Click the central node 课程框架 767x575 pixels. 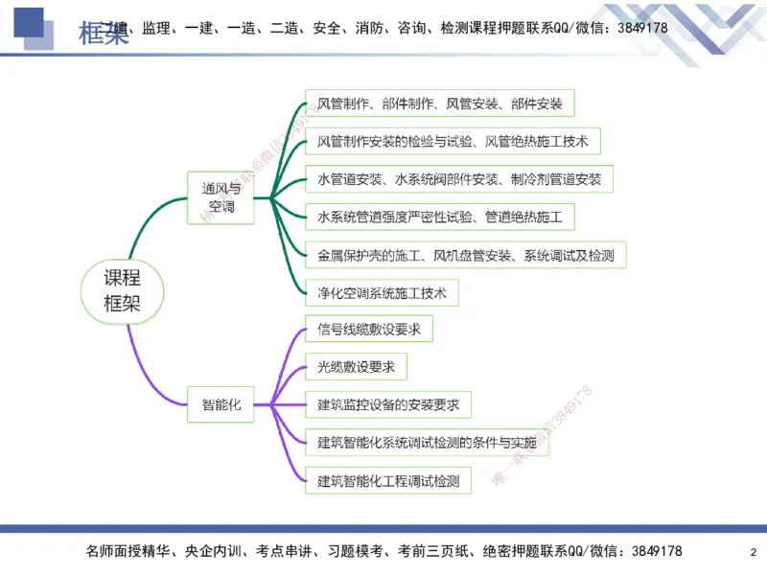click(x=122, y=292)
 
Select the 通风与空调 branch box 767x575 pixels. click(x=221, y=197)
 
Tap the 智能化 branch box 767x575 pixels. click(x=221, y=404)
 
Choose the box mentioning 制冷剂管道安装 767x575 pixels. click(x=458, y=179)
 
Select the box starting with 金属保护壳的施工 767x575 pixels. click(x=465, y=255)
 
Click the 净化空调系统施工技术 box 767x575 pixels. click(x=382, y=292)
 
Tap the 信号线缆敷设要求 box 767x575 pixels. click(x=368, y=330)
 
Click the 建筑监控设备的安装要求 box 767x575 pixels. click(x=387, y=404)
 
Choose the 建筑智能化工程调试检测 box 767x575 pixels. click(x=387, y=480)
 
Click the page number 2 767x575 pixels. click(x=753, y=552)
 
